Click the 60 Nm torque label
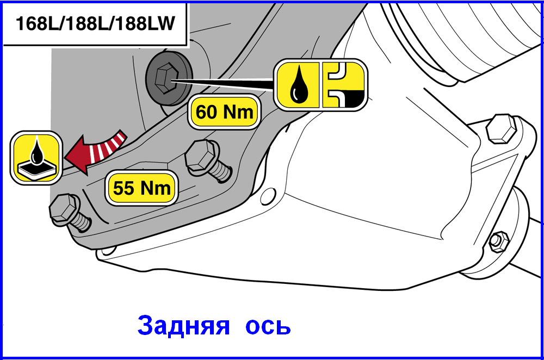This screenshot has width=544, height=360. (224, 112)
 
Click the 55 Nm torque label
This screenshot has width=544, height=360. (141, 188)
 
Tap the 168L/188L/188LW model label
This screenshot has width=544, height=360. (95, 23)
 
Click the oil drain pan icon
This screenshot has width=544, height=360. (36, 158)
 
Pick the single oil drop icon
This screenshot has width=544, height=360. (298, 85)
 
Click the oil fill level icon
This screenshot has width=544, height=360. (343, 85)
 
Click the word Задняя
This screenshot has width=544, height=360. (183, 326)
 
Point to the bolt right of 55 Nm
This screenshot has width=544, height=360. (208, 159)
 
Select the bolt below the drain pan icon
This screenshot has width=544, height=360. (70, 212)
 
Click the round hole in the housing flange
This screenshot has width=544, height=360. (268, 196)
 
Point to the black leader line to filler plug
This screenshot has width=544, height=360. (222, 83)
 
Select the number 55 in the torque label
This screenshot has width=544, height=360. (123, 188)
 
